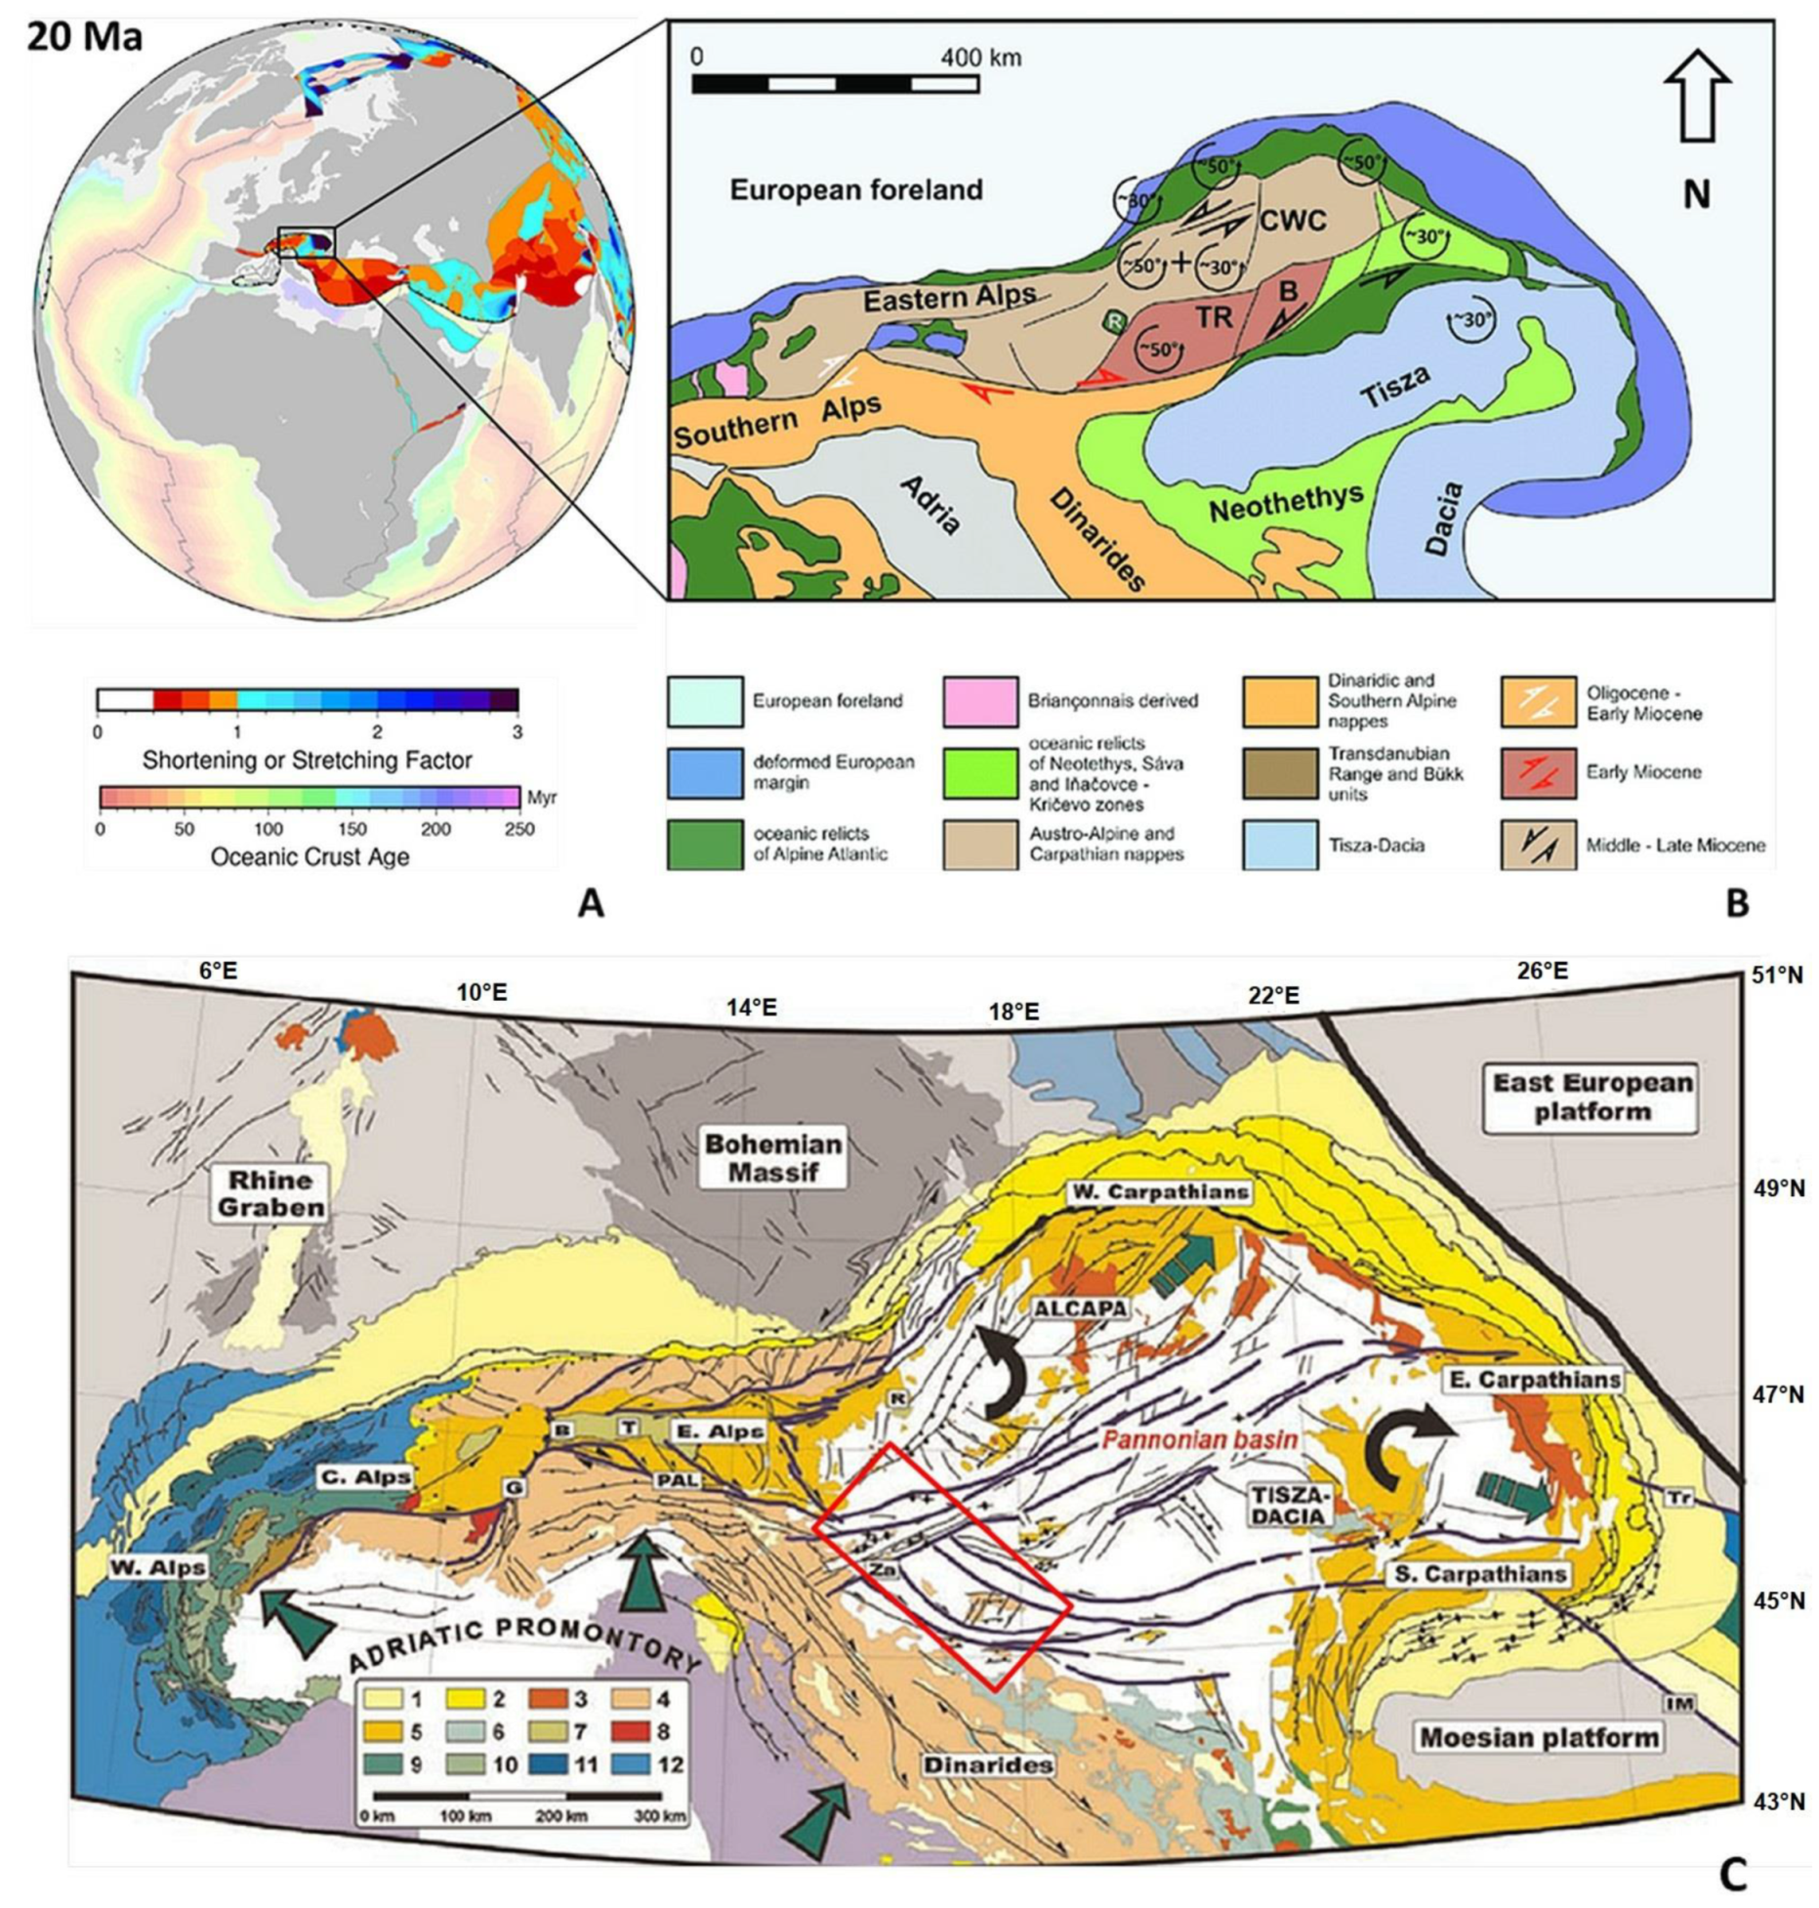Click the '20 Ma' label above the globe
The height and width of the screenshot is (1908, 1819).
tap(84, 36)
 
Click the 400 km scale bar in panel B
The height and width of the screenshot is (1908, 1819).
tap(835, 83)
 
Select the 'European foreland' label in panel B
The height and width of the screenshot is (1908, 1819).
tap(856, 189)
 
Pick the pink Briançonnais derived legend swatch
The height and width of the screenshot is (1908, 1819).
tap(980, 701)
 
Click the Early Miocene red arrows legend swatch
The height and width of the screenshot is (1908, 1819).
tap(1538, 772)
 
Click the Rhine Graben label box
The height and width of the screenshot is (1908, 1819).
tap(270, 1193)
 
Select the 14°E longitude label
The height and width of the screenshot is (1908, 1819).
tap(751, 1007)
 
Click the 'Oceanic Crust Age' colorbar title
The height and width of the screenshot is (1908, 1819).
tap(310, 856)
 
